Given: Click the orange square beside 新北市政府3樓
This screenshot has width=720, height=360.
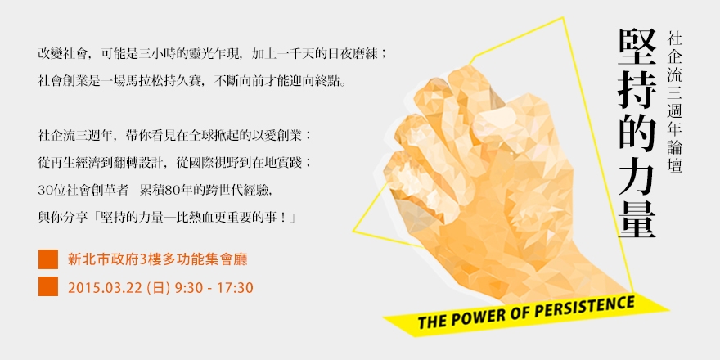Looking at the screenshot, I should coord(48,260).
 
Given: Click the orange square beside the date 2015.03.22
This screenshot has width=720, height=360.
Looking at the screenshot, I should coord(48,287).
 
